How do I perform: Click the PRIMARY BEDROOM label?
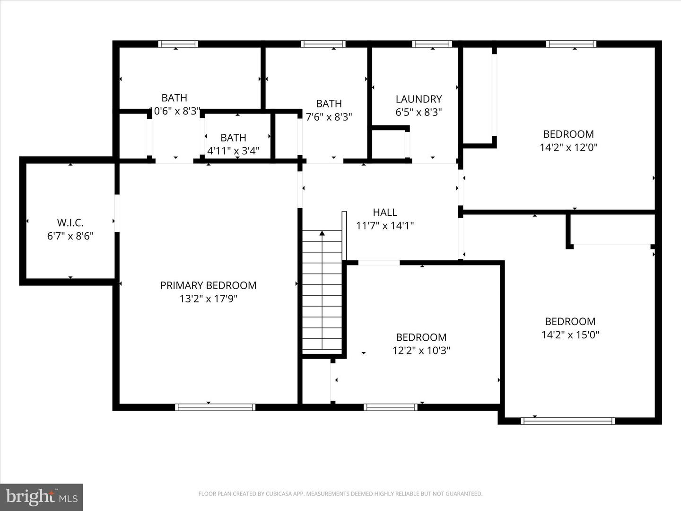click(208, 285)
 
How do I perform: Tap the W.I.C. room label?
click(70, 222)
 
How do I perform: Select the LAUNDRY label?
click(419, 99)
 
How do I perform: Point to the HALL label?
click(384, 212)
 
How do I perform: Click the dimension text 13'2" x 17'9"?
click(208, 299)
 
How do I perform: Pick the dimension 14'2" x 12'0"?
click(568, 147)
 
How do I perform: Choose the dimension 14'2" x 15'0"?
click(570, 335)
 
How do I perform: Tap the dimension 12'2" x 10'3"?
click(421, 351)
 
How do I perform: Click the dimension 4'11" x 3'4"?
click(233, 151)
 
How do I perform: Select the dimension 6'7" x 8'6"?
click(70, 236)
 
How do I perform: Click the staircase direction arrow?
click(322, 233)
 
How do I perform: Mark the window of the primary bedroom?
click(215, 407)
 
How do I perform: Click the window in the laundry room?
click(432, 44)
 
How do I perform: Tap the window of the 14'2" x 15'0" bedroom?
click(567, 421)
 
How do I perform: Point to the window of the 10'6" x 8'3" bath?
click(178, 44)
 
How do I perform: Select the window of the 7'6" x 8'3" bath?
click(323, 44)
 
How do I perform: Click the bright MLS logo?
click(42, 497)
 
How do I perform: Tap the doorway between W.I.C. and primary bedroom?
click(116, 213)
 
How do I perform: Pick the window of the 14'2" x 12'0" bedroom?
click(571, 44)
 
